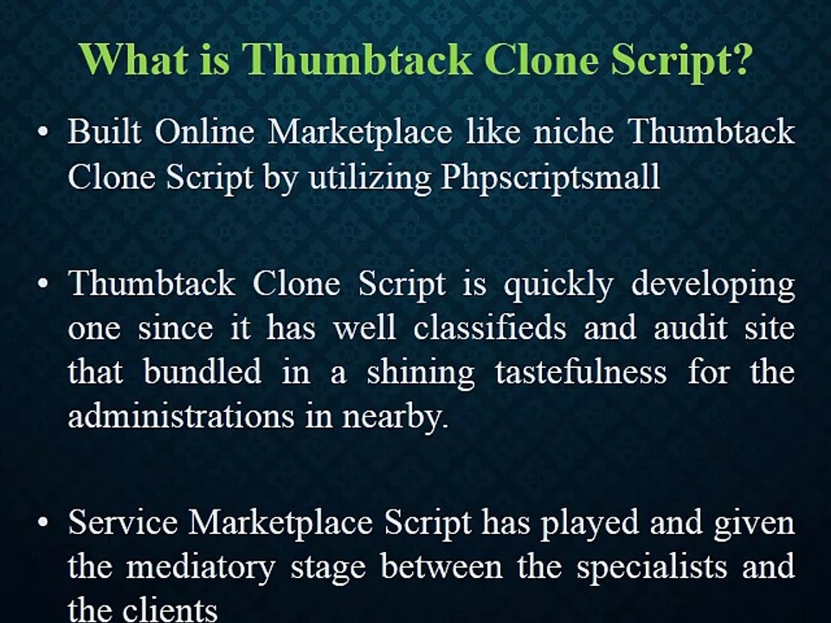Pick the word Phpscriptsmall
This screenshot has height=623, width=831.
click(x=550, y=177)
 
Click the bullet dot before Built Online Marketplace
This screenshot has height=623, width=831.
click(x=42, y=134)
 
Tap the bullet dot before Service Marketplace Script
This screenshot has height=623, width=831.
click(x=42, y=524)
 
